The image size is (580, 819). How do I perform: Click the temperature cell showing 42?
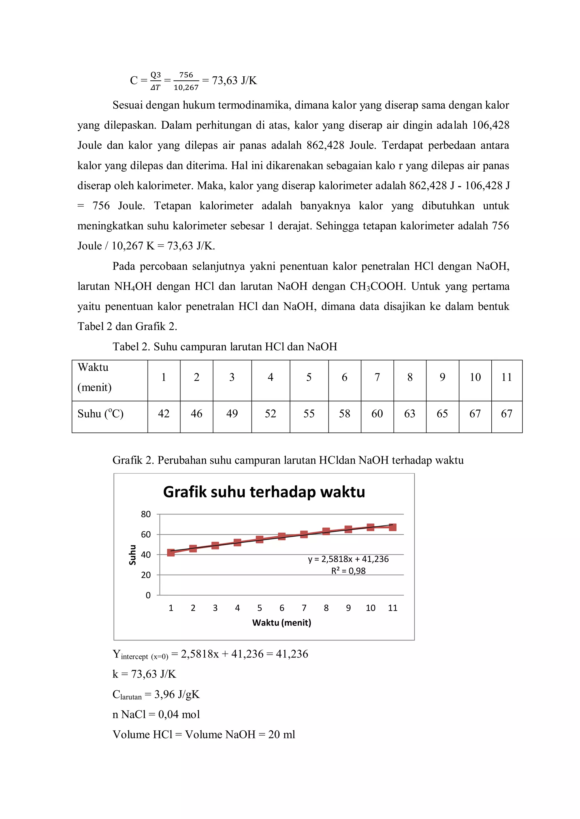point(164,413)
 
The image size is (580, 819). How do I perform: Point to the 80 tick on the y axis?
point(146,514)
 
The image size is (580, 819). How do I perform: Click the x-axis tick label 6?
point(282,608)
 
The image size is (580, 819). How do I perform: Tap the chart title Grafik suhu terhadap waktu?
point(264,492)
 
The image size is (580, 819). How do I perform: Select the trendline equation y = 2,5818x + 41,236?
point(348,559)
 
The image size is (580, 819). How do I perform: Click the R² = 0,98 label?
point(348,571)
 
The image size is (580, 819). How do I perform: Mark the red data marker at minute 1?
point(171,553)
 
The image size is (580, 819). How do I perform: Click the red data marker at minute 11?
point(393,527)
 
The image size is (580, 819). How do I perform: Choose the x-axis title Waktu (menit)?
point(282,622)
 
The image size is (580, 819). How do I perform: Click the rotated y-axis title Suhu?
point(133,555)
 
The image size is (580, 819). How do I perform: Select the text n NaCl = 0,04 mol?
point(156,714)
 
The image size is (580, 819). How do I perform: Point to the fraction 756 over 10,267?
point(186,81)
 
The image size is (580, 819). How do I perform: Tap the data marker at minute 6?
point(282,536)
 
